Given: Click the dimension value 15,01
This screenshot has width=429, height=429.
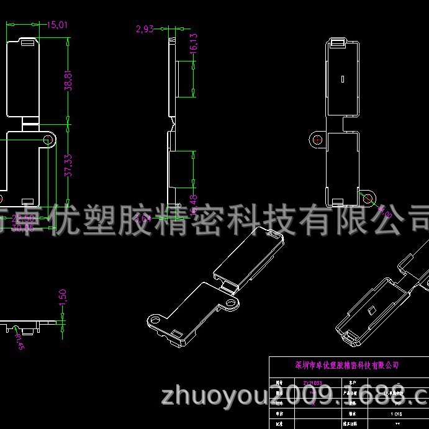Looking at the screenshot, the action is pyautogui.click(x=56, y=25).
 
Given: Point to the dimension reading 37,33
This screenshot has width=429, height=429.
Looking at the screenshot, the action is pyautogui.click(x=69, y=165).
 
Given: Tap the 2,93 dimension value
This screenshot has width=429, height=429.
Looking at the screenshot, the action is pyautogui.click(x=144, y=29).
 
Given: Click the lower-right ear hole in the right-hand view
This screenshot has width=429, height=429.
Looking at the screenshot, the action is pyautogui.click(x=368, y=198).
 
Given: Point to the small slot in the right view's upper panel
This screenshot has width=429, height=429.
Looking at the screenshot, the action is pyautogui.click(x=342, y=79).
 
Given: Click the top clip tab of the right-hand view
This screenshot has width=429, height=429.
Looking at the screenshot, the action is pyautogui.click(x=336, y=43).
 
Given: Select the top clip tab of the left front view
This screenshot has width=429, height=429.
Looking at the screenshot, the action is pyautogui.click(x=27, y=42).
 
